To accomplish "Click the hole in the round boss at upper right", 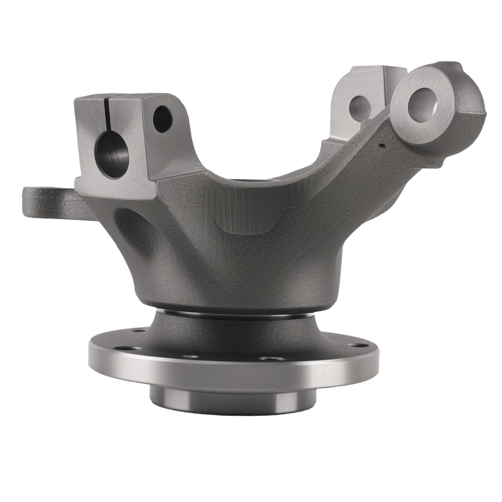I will pyautogui.click(x=422, y=103).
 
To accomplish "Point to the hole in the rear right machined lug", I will pyautogui.click(x=359, y=105).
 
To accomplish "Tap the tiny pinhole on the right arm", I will pyautogui.click(x=383, y=146).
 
